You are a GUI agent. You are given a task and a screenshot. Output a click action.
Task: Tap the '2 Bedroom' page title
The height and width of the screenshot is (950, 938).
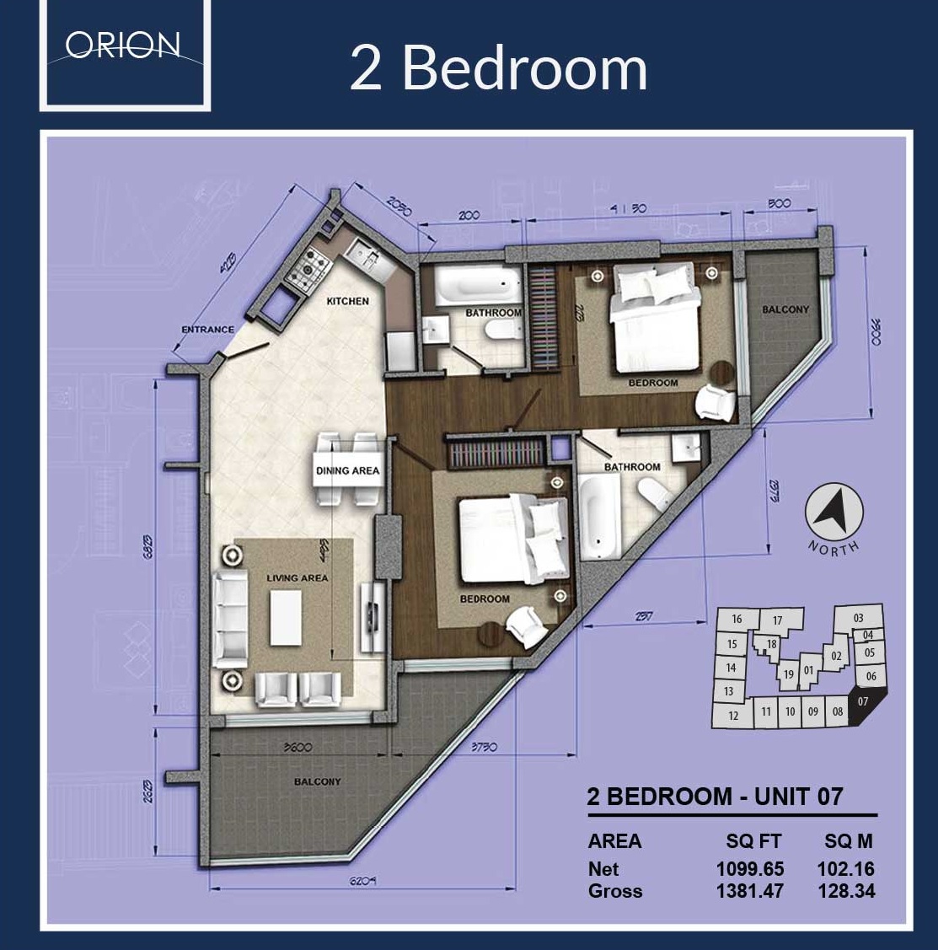click(x=498, y=68)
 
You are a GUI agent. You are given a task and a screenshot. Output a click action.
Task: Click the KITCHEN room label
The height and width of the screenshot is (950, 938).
click(x=347, y=301)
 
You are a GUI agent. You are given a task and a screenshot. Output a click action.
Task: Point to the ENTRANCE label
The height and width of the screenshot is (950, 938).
click(x=207, y=330)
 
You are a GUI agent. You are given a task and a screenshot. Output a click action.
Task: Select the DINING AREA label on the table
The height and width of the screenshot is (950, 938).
click(x=347, y=470)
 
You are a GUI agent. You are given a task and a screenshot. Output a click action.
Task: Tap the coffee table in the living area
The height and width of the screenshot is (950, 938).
click(x=285, y=616)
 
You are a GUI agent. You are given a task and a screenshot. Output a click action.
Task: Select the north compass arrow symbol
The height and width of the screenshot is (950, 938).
click(x=834, y=513)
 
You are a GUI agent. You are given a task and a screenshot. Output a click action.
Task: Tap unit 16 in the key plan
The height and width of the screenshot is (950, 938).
click(x=736, y=619)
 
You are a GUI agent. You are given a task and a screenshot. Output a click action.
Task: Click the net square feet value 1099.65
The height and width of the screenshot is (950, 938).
click(x=749, y=868)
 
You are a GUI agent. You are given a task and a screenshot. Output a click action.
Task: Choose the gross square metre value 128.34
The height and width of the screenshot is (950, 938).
click(x=845, y=890)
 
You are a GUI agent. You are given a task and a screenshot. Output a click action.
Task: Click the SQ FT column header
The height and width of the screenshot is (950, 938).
click(x=753, y=841)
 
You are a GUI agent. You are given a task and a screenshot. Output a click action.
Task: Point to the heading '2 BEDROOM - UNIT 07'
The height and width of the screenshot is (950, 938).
click(x=715, y=797)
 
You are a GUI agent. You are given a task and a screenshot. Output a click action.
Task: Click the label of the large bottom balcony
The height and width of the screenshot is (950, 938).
click(x=317, y=781)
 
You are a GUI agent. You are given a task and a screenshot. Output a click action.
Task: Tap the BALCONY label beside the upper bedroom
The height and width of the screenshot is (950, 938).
click(x=785, y=309)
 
